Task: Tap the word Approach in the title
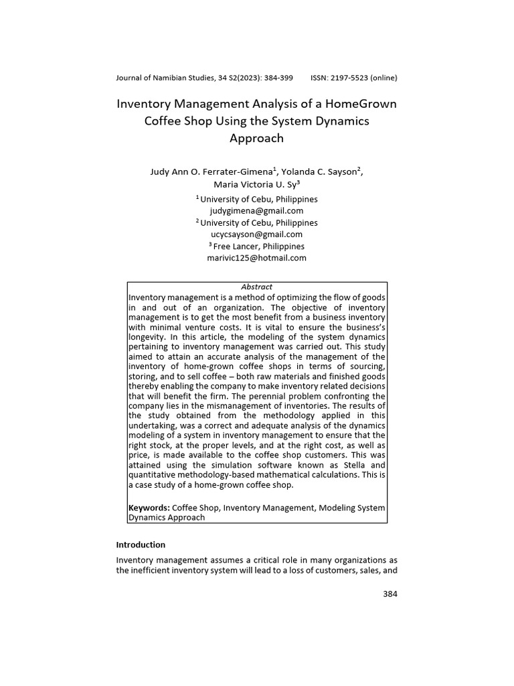coord(256,139)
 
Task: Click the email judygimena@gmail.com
coord(256,210)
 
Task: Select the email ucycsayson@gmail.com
coord(256,234)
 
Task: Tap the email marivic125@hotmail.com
coord(256,258)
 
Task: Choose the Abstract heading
coord(256,287)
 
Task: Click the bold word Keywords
coord(149,508)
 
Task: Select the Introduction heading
coord(141,545)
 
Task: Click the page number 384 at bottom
coord(390,594)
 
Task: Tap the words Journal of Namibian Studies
coord(165,78)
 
